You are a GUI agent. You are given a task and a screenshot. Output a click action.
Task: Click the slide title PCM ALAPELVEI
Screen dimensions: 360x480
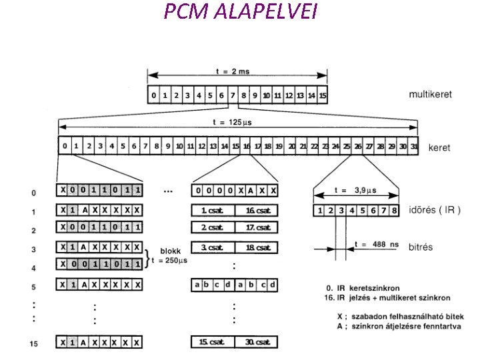tap(240, 13)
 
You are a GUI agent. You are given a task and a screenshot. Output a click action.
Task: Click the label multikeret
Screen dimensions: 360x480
tap(429, 95)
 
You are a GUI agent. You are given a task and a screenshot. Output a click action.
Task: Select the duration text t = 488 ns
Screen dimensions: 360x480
tap(378, 244)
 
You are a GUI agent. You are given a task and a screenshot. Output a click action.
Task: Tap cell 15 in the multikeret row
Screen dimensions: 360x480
tap(323, 95)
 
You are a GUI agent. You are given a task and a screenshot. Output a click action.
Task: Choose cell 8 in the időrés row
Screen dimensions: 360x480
tap(395, 211)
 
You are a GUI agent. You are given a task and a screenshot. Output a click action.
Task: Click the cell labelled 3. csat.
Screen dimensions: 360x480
tap(213, 248)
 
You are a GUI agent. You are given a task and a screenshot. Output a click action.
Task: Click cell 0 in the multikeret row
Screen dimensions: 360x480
tap(154, 95)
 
